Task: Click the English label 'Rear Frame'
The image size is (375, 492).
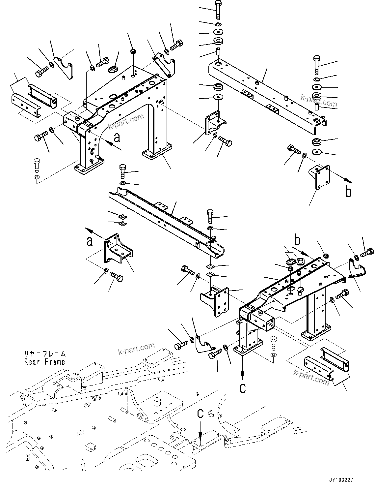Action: (x=44, y=362)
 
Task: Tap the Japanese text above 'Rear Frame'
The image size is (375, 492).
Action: (x=44, y=354)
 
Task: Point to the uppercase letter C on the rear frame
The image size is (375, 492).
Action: (x=200, y=413)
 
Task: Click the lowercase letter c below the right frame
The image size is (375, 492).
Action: (x=243, y=388)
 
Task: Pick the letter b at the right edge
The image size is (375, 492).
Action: (x=348, y=192)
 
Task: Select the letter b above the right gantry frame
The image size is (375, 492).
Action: (x=297, y=240)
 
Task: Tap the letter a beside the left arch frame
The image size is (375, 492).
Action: (x=117, y=137)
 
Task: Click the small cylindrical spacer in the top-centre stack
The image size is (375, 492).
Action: (x=217, y=52)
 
